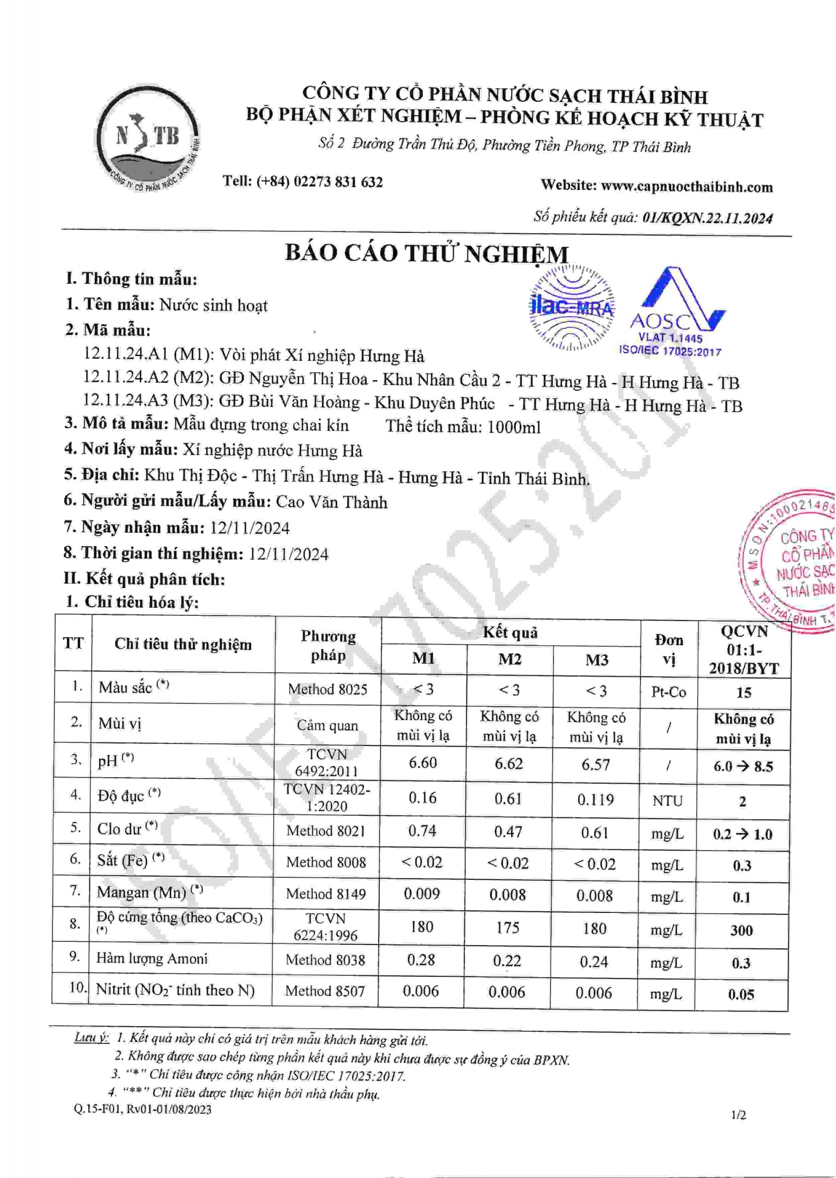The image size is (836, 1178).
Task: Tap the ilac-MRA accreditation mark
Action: coord(571,307)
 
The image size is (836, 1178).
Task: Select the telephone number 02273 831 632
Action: coord(338,182)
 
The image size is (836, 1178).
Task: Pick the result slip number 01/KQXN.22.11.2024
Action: coord(707,218)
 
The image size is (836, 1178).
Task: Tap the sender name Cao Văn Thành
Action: coord(332,502)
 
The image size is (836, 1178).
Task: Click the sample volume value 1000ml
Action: coord(514,427)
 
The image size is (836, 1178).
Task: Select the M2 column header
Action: coord(510,659)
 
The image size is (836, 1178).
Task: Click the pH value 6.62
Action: coord(508,763)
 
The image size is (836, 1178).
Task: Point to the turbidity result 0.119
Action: coord(596,800)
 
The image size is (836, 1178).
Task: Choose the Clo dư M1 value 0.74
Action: coord(422,831)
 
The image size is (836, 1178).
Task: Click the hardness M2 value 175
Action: coord(507,927)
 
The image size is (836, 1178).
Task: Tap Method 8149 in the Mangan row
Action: coord(326,894)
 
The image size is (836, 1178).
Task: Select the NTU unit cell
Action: coord(668,801)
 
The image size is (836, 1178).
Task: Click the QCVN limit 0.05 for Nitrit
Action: coord(741,994)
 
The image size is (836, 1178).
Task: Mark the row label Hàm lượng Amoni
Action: coord(152,958)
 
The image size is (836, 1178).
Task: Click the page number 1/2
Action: coord(738,1115)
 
